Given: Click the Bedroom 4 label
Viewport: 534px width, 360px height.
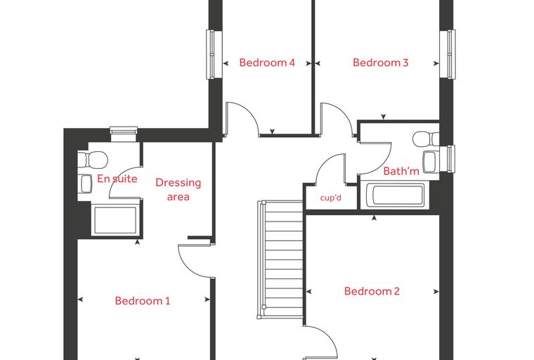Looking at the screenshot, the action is coord(267,63).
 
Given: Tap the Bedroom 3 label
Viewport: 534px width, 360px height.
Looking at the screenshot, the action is coord(380,63).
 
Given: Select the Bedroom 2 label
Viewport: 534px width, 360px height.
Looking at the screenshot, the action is coord(372,291).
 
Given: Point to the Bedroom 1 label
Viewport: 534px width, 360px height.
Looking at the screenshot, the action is coord(143,301).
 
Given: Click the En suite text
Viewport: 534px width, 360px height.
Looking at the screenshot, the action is coord(117,179).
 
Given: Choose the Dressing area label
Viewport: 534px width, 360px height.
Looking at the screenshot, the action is coord(178,190).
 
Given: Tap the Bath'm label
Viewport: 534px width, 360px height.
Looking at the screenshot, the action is coord(401,171).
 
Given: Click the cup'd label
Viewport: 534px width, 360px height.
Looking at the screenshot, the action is coord(330,198).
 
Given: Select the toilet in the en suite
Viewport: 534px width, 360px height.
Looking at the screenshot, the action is coord(93,160).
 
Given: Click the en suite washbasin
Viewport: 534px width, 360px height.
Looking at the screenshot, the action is coord(85,184).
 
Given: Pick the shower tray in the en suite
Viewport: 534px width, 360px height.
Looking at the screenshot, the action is coord(115,220).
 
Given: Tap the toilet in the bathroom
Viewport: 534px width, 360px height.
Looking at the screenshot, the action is coord(426,139).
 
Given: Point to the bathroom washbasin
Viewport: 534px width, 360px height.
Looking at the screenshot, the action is coord(431,162).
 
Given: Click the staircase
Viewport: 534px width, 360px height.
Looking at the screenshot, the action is coord(280,259).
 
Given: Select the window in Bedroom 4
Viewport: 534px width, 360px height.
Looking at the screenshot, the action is coord(211,55).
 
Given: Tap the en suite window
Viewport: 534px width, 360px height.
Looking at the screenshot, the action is coord(124,129).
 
